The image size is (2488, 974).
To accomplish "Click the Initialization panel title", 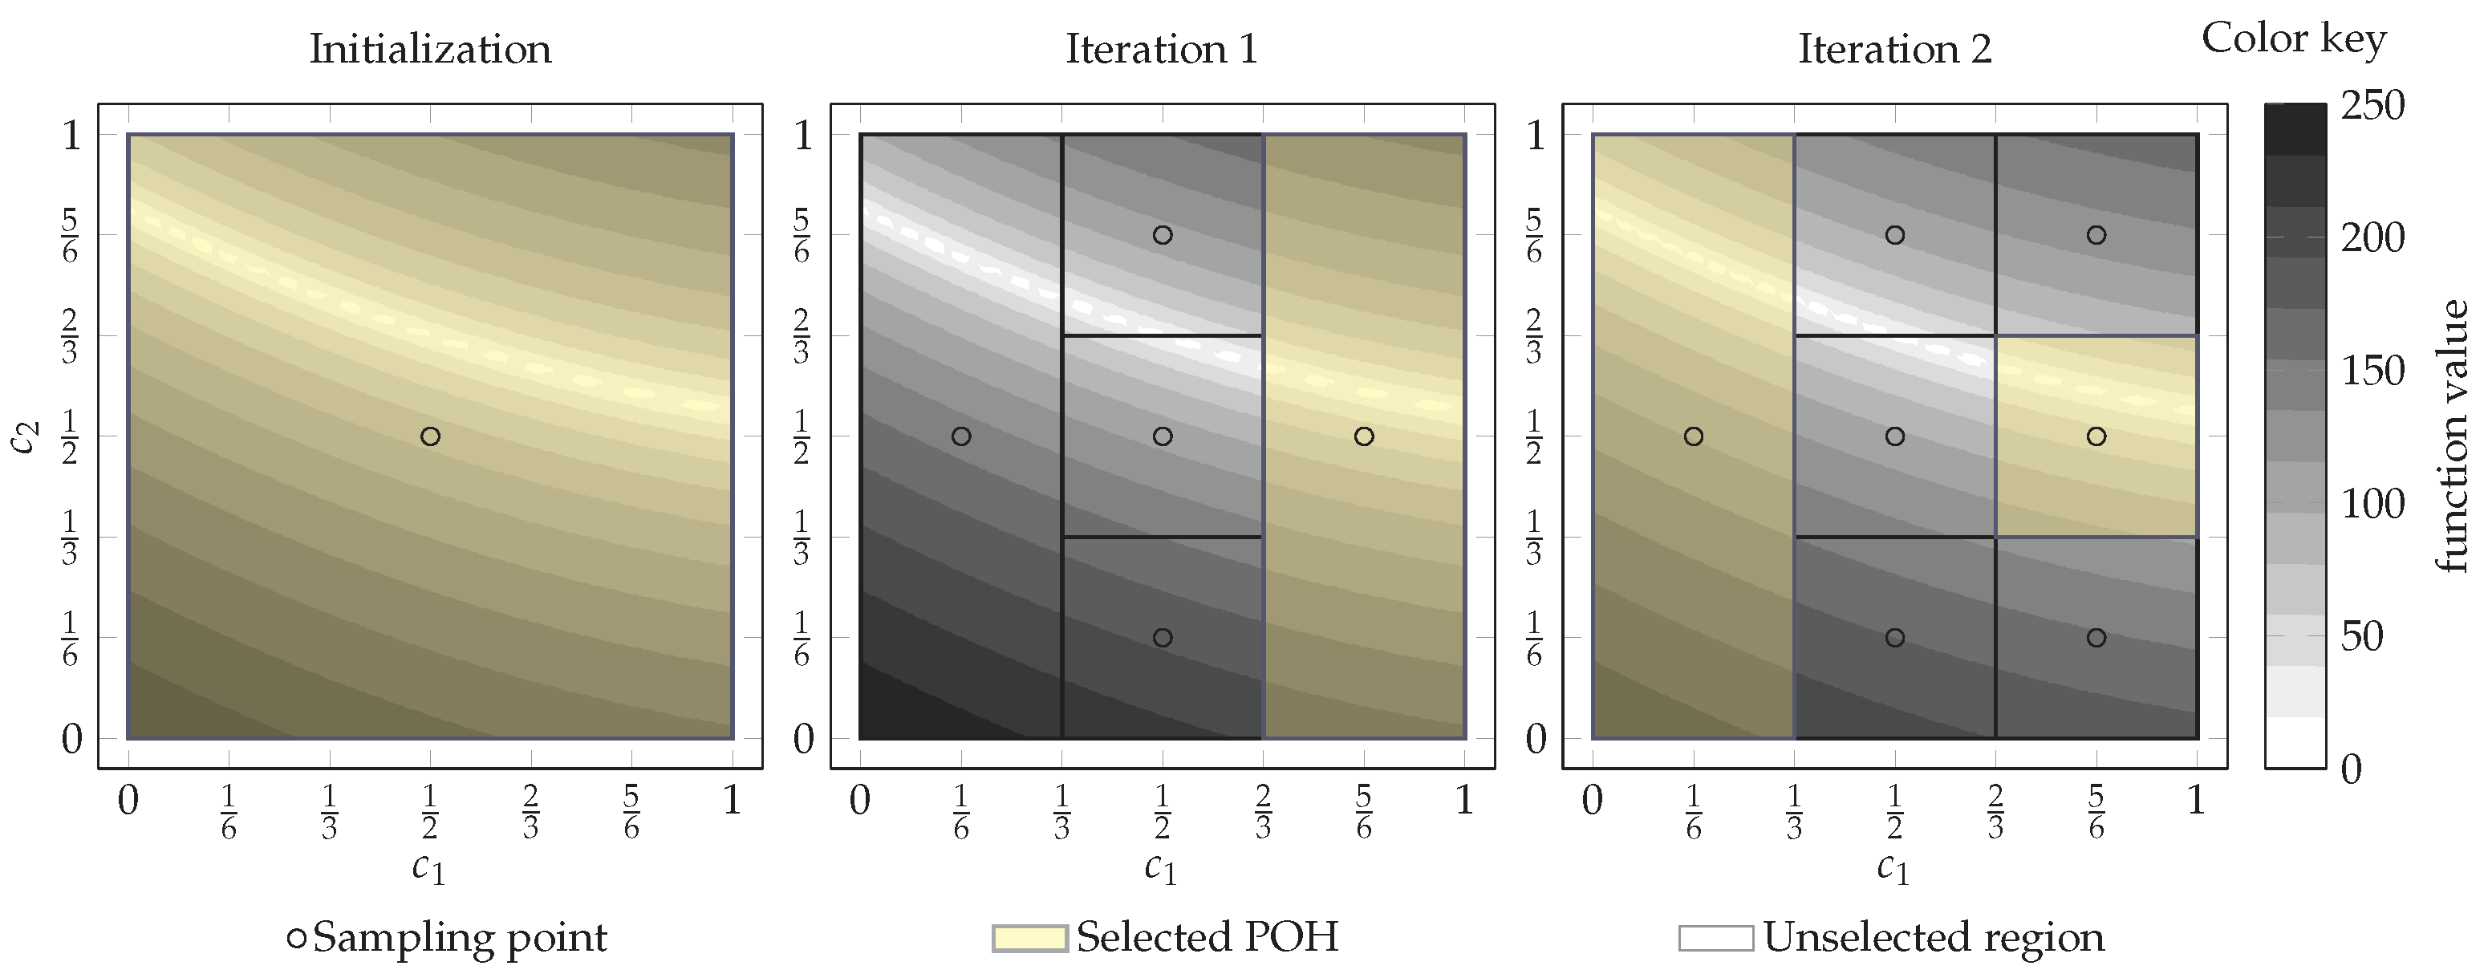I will click(430, 48).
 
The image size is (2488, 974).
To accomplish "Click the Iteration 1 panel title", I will click(1162, 48).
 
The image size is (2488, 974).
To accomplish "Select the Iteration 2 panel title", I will click(1894, 48).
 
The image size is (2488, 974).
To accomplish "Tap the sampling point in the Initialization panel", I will click(431, 436).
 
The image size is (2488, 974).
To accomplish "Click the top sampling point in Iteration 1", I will click(1163, 235).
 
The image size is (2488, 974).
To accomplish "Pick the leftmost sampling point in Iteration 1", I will click(961, 436).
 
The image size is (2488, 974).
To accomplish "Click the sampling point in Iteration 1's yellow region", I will click(1364, 436).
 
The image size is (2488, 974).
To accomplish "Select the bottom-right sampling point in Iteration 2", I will click(2096, 638).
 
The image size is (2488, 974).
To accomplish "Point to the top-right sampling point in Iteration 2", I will click(2096, 235).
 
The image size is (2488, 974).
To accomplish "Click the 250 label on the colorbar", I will click(2372, 105).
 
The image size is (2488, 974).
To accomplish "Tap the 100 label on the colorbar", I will click(2372, 503).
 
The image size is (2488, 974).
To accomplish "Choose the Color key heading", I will click(2293, 39).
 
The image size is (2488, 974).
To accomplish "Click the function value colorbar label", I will click(2451, 436).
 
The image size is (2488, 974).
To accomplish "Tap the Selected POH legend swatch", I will click(1029, 938).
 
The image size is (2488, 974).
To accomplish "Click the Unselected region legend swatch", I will click(1715, 938).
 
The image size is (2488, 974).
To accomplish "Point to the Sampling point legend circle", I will click(298, 938).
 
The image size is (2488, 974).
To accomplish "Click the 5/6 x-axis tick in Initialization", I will click(631, 812).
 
